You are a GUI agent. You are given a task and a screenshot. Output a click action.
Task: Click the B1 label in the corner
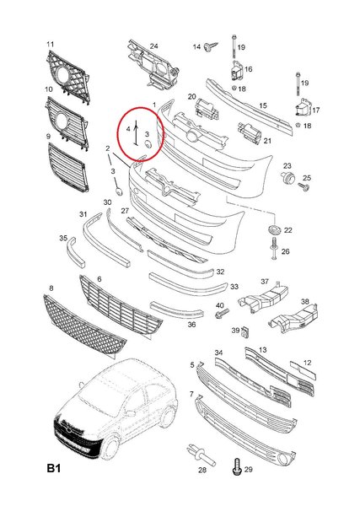point(54,468)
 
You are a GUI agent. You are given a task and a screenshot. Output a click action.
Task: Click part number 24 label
point(154,46)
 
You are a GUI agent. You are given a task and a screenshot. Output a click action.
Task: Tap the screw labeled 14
point(210,46)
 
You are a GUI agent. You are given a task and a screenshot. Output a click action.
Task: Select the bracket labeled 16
point(238,70)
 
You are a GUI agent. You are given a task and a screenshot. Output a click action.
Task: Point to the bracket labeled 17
point(303,107)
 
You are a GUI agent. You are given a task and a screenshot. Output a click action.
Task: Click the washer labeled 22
point(274,229)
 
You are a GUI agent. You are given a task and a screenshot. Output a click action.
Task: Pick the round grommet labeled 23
point(288,177)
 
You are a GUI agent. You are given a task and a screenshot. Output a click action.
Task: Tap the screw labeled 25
point(304,187)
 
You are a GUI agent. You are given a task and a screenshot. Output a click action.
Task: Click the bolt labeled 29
point(237,467)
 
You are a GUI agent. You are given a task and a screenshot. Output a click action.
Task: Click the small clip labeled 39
point(246,331)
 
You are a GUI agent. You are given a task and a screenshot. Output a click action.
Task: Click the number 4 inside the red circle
point(128,129)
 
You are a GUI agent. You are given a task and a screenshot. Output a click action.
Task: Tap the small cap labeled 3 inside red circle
point(148,144)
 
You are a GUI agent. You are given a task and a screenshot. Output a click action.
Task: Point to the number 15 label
point(263,106)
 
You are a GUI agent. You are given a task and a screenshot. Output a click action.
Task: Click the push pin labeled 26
point(274,249)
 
